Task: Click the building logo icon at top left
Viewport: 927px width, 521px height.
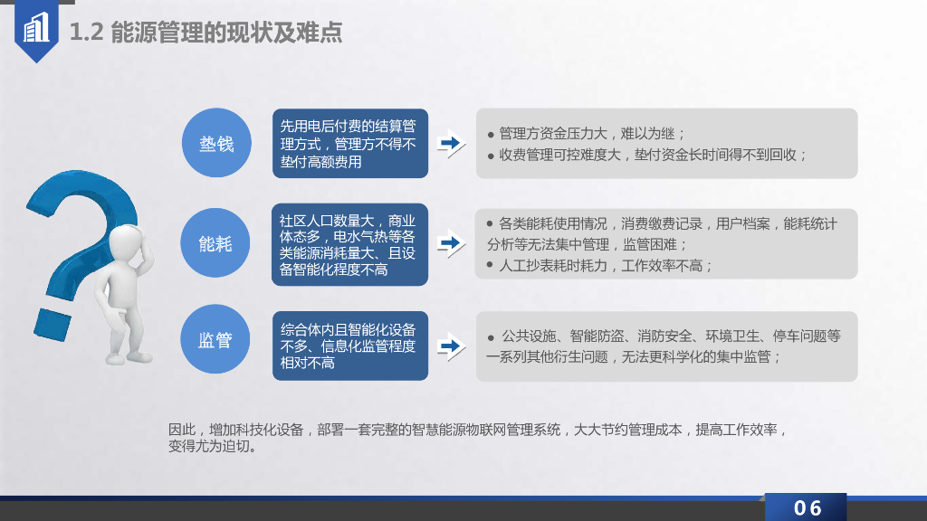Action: (37, 30)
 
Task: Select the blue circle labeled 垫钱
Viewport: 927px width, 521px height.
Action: (216, 143)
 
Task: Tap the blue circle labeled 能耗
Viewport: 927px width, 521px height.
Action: (216, 242)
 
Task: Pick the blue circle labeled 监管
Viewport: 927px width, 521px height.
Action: (216, 340)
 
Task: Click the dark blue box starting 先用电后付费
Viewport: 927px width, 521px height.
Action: (349, 143)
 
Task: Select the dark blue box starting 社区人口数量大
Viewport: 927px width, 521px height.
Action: (349, 244)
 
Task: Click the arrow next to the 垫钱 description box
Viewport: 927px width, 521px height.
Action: (450, 144)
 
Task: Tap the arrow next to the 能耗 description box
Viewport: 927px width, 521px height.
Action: (450, 243)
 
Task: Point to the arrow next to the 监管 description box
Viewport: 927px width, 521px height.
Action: (450, 346)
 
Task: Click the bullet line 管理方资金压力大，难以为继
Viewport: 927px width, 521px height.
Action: (588, 133)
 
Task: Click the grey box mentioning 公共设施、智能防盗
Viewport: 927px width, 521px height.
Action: (666, 346)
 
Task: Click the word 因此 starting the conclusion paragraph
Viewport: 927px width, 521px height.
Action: (182, 429)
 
